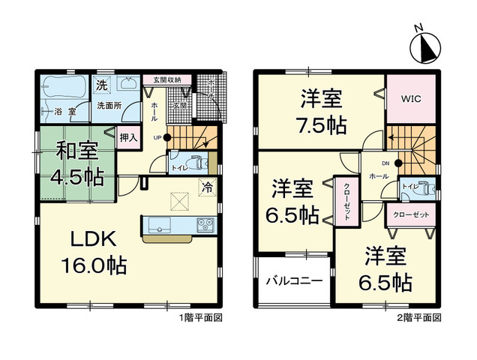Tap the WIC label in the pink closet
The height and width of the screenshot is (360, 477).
(411, 98)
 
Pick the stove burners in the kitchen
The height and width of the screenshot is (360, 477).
(205, 224)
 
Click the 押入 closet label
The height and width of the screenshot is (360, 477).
(128, 137)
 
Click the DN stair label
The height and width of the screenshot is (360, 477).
(385, 162)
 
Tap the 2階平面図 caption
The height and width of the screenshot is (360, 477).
(418, 318)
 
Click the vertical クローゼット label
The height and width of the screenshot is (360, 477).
(347, 200)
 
